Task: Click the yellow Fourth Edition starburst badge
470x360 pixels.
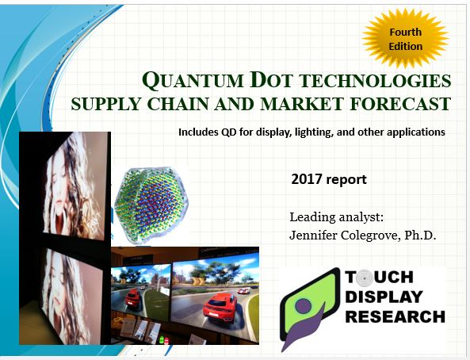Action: pyautogui.click(x=405, y=39)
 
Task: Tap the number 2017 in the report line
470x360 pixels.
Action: pyautogui.click(x=308, y=179)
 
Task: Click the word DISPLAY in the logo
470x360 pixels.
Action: pyautogui.click(x=386, y=297)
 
